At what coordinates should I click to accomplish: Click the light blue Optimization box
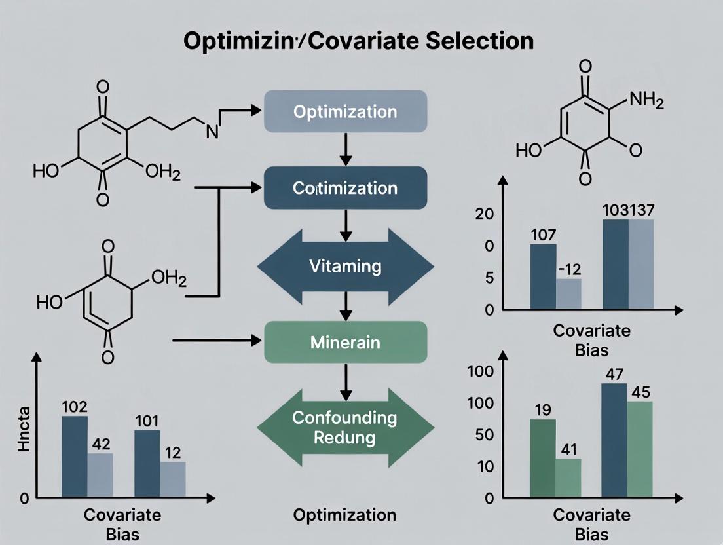tap(345, 111)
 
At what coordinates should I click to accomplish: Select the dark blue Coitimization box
tap(345, 188)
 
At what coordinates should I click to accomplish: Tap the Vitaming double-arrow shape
tap(345, 267)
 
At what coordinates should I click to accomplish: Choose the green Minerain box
tap(345, 343)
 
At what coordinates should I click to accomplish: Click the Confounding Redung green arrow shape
tap(345, 428)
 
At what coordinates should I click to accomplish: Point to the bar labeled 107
tap(543, 276)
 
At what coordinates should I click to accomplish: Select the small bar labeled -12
tap(568, 294)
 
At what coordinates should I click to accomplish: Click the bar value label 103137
tap(627, 210)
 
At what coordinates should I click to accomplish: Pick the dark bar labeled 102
tap(74, 457)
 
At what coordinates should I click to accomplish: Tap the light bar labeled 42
tap(100, 475)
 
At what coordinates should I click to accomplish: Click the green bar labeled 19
tap(542, 458)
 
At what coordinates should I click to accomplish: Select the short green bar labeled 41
tap(568, 478)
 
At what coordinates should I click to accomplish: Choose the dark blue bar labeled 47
tap(614, 440)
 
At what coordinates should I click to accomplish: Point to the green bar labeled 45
tap(640, 449)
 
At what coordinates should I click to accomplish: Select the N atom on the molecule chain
tap(212, 130)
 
